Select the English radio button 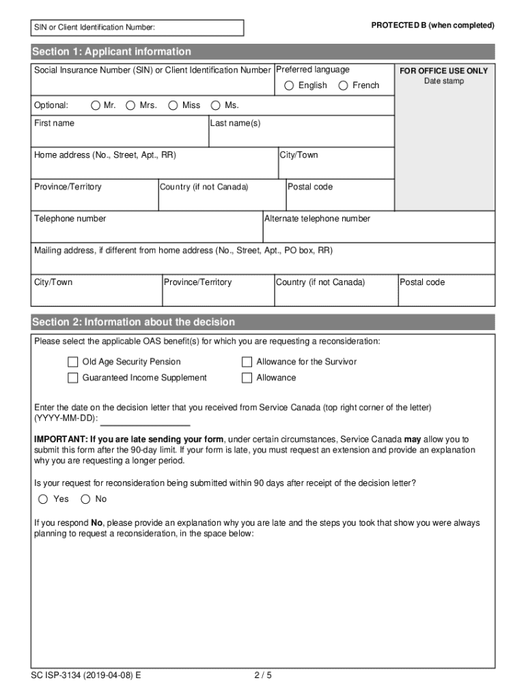tap(289, 85)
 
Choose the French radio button tap(343, 85)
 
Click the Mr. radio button tap(95, 105)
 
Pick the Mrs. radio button tap(130, 105)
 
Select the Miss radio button tap(173, 105)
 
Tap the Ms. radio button tap(216, 105)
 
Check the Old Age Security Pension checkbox tap(72, 362)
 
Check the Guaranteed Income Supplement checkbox tap(72, 378)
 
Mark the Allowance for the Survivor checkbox tap(247, 362)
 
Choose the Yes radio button tap(43, 499)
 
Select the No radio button tap(85, 499)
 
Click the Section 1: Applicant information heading tap(111, 52)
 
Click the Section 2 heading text tap(133, 322)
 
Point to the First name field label tap(54, 123)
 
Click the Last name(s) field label tap(235, 123)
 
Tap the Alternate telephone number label tap(317, 219)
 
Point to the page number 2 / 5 tap(263, 675)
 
